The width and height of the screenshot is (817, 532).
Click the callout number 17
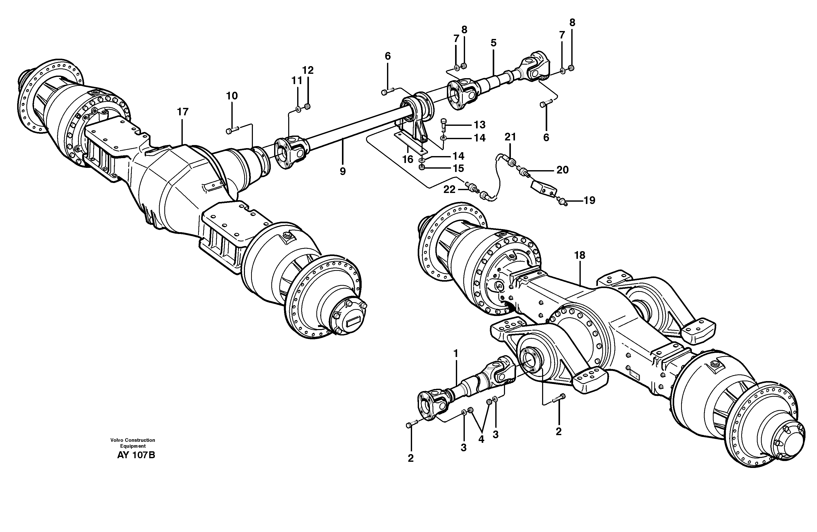pyautogui.click(x=183, y=112)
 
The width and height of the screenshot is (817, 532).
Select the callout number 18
pyautogui.click(x=580, y=255)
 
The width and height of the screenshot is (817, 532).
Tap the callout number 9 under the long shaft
pyautogui.click(x=342, y=171)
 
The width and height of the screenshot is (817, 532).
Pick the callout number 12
pyautogui.click(x=308, y=70)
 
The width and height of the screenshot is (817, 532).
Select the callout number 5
pyautogui.click(x=493, y=43)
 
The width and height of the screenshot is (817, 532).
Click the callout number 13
pyautogui.click(x=480, y=124)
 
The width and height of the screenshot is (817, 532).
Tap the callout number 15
pyautogui.click(x=458, y=168)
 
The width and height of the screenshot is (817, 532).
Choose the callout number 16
pyautogui.click(x=407, y=159)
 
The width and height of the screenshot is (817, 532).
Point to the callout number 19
pyautogui.click(x=589, y=200)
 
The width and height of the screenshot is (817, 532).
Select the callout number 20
pyautogui.click(x=562, y=170)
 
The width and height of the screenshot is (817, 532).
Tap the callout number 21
pyautogui.click(x=510, y=137)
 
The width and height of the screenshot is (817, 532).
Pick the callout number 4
pyautogui.click(x=481, y=439)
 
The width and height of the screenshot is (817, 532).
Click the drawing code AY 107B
pyautogui.click(x=136, y=455)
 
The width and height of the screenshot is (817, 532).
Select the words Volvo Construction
pyautogui.click(x=133, y=440)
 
